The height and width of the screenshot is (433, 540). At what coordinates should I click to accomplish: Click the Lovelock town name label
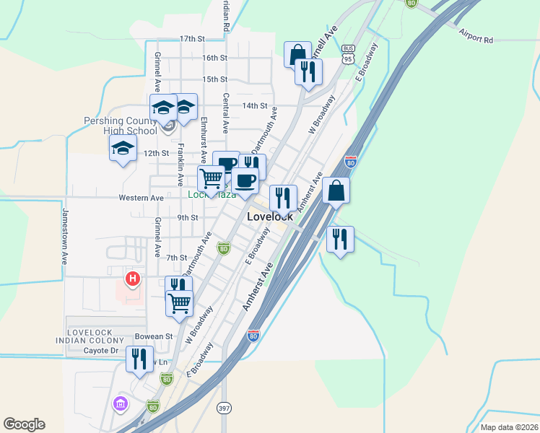point(269,216)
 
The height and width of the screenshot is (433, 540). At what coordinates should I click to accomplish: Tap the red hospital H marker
point(132,278)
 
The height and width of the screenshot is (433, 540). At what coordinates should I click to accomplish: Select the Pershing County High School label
point(120,126)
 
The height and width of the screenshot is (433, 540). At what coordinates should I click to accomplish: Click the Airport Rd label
point(475,36)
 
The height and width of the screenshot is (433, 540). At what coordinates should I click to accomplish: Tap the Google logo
point(24,424)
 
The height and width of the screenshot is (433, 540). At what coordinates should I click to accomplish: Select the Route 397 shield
point(224,408)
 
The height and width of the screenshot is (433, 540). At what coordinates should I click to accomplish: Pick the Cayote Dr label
point(101,351)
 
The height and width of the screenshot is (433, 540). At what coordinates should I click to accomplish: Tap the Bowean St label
point(154,336)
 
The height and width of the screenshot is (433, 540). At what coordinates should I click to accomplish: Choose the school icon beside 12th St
point(123,149)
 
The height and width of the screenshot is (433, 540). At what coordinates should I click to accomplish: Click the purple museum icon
point(120,402)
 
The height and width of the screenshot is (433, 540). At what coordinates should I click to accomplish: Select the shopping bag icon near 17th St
point(297,54)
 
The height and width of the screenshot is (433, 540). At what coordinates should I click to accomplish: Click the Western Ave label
point(141,198)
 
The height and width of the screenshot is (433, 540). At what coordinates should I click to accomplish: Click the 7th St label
point(176,258)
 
